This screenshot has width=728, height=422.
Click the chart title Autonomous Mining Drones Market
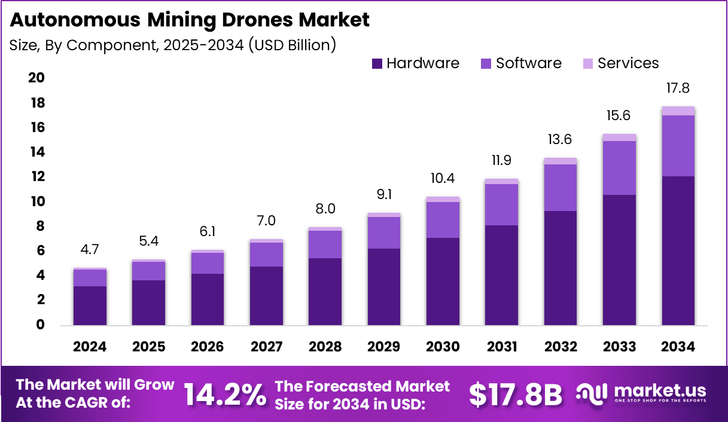[190, 20]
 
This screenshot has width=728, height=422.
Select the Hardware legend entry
[415, 63]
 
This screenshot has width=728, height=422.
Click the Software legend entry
[520, 63]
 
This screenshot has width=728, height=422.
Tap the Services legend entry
[620, 63]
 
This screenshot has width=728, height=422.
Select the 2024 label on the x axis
[90, 347]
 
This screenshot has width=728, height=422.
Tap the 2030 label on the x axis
[443, 347]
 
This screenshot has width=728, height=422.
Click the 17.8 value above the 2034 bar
[678, 88]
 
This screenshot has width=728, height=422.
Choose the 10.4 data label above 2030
[443, 178]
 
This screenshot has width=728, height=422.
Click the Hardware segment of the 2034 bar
[678, 251]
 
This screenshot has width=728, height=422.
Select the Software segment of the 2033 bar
[619, 168]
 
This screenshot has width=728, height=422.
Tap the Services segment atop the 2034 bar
[678, 111]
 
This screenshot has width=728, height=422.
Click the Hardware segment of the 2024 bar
[90, 305]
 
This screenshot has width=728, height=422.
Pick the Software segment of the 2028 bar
[325, 244]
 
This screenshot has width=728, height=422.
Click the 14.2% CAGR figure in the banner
[224, 395]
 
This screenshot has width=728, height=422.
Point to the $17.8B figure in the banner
[516, 395]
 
